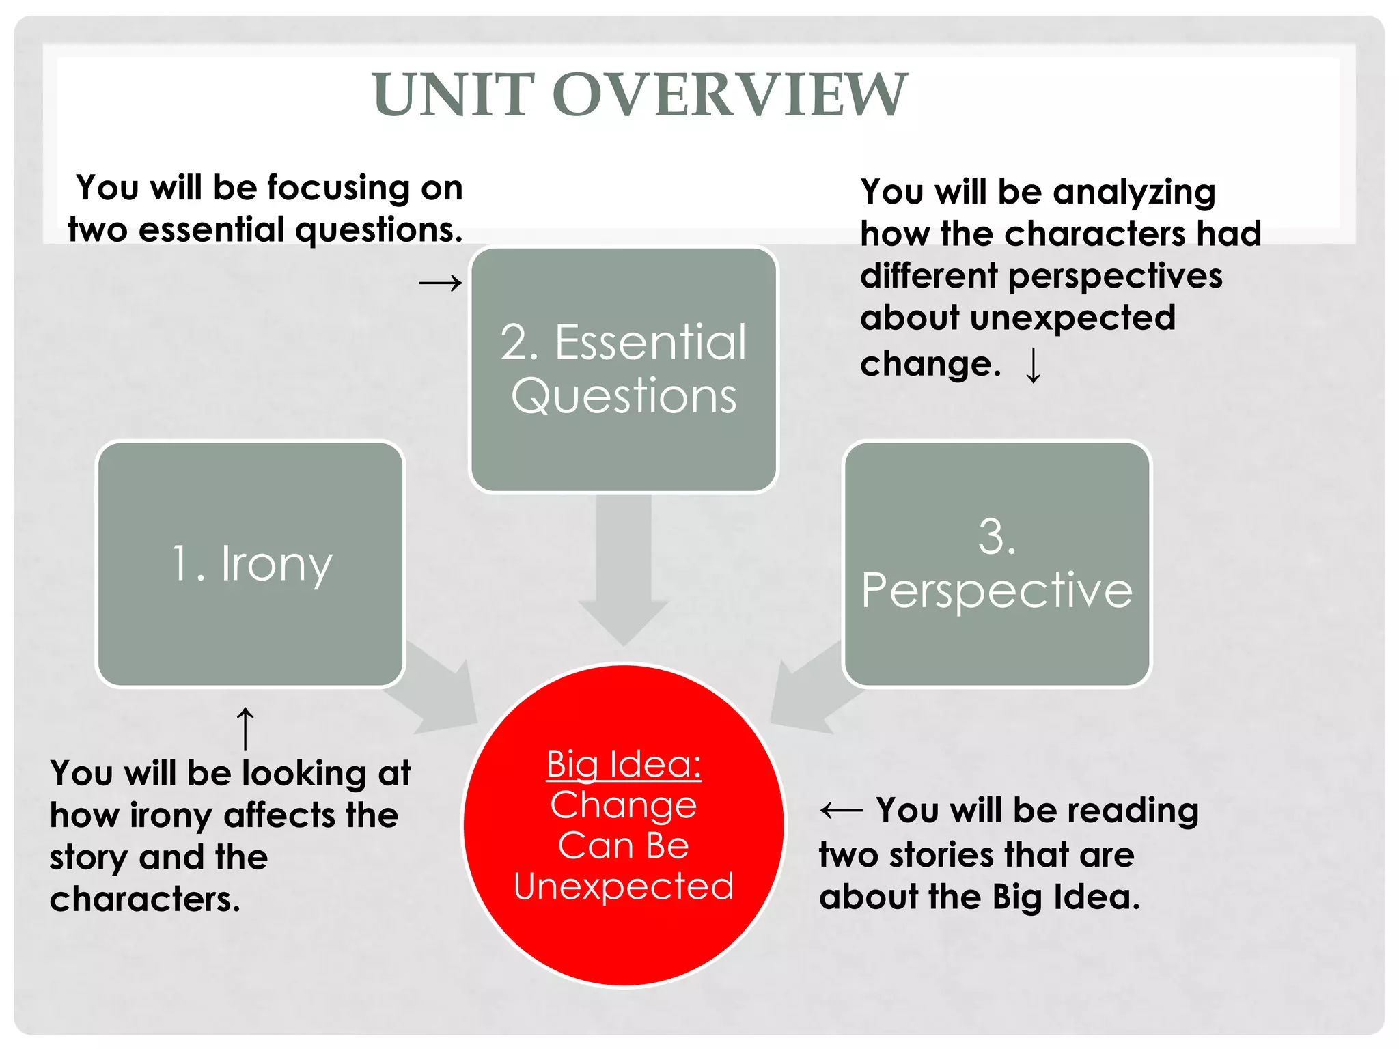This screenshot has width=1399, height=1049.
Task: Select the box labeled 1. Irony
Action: click(251, 564)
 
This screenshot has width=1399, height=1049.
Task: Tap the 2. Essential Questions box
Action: click(624, 369)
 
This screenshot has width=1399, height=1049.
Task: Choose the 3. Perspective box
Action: click(997, 564)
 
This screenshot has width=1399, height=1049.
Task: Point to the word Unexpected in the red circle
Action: click(624, 886)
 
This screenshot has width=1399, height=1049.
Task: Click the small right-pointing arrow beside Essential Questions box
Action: click(441, 282)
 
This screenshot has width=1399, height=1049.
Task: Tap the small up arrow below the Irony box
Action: click(245, 728)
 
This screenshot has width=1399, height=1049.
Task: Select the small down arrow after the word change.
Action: click(1034, 365)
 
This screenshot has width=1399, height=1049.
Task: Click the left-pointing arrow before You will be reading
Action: click(842, 811)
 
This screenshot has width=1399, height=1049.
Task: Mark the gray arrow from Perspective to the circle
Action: click(809, 690)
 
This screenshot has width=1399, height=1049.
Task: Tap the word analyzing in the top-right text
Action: click(1134, 193)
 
